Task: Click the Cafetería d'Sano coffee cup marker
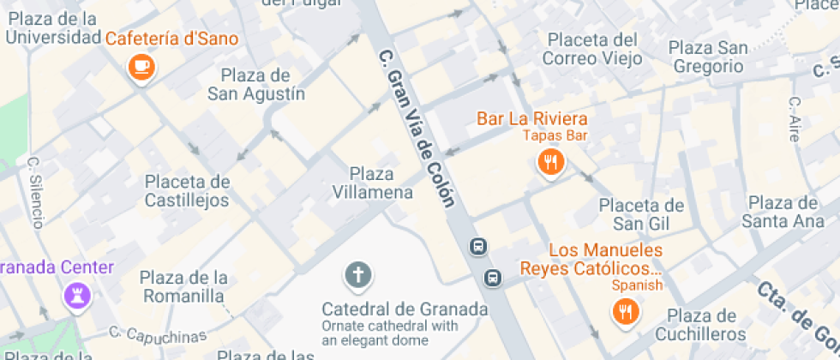tap(140, 66)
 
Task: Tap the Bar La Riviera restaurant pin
tap(549, 161)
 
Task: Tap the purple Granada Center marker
tap(76, 297)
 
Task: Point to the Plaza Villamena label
tap(372, 183)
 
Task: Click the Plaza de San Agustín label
tap(256, 84)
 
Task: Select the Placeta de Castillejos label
tap(187, 190)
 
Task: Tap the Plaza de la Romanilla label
tap(184, 286)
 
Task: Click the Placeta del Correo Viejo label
tap(592, 49)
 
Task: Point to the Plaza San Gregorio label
tap(709, 56)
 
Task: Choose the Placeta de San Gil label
tap(641, 214)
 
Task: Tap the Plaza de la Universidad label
tap(53, 28)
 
